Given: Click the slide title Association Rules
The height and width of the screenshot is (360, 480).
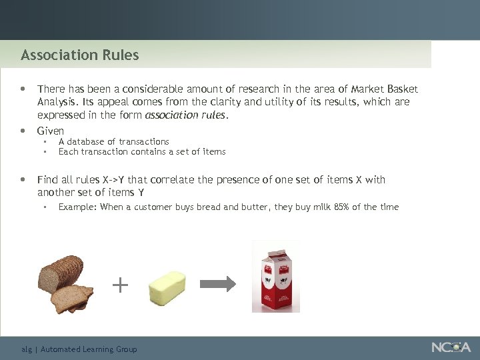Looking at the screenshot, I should click(x=80, y=55).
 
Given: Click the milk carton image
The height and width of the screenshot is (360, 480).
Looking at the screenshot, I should click(x=275, y=277).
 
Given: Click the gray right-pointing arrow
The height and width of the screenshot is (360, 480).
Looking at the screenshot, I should click(x=218, y=283).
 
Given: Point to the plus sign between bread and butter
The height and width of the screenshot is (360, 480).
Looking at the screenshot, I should click(x=120, y=286).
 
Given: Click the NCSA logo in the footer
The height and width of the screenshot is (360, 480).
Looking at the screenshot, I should click(x=451, y=347).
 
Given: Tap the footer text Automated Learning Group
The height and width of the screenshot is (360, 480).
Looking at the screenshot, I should click(x=89, y=349).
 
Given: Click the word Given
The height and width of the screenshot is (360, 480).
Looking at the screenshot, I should click(x=51, y=131).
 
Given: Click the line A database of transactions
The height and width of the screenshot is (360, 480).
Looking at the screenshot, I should click(x=114, y=141).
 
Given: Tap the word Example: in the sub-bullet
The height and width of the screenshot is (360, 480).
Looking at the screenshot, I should click(x=77, y=207).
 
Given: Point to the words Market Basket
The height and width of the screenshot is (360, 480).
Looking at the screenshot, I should click(x=385, y=89).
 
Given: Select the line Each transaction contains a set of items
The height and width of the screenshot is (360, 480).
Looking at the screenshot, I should click(x=142, y=151).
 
